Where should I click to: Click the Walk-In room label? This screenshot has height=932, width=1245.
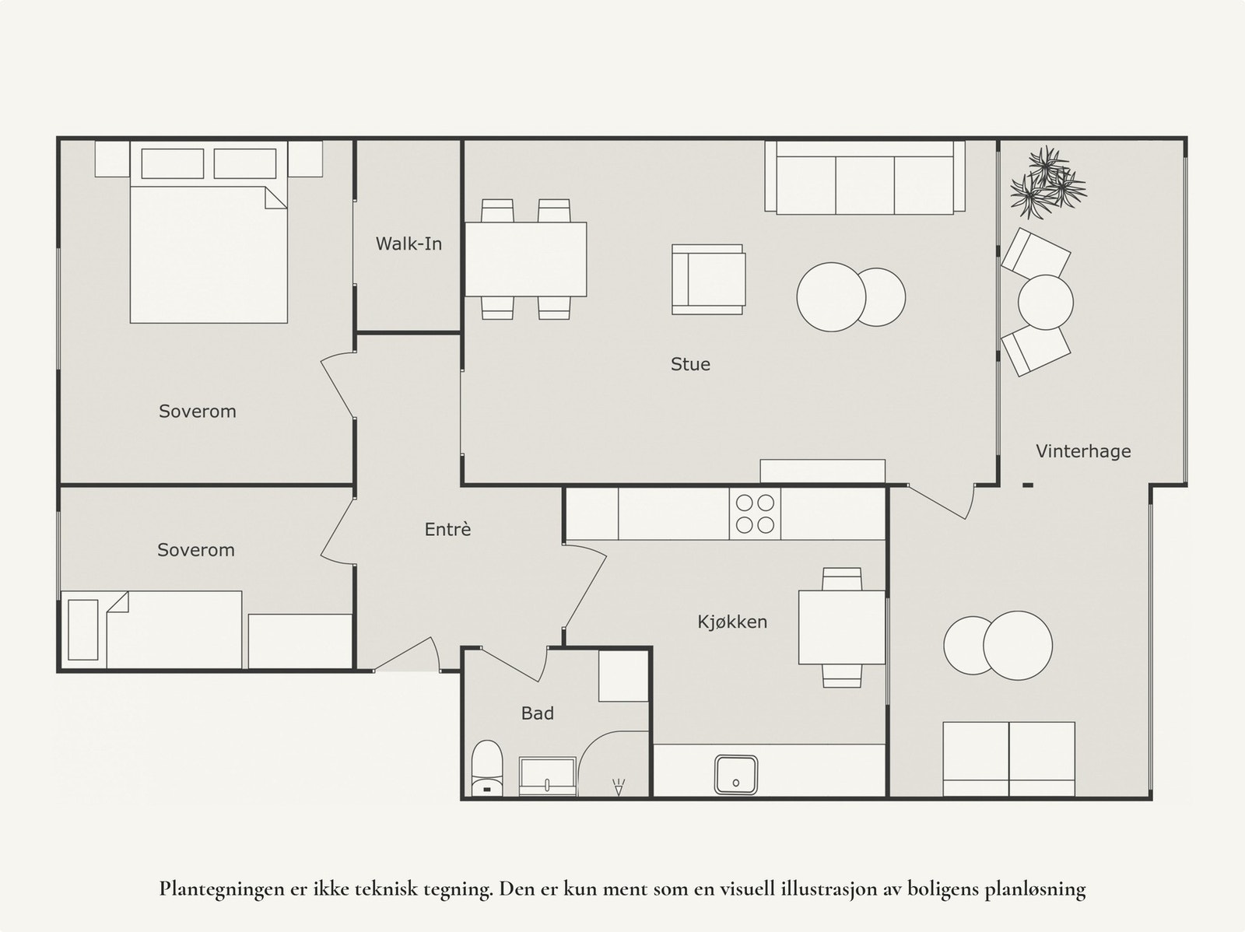pyautogui.click(x=409, y=244)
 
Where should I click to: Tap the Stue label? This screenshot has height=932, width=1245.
pyautogui.click(x=690, y=364)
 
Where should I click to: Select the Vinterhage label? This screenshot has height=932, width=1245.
pyautogui.click(x=1083, y=451)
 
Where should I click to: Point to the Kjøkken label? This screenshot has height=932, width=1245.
pyautogui.click(x=732, y=622)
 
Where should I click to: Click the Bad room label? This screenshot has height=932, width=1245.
pyautogui.click(x=538, y=713)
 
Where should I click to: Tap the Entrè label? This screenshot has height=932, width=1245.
pyautogui.click(x=447, y=530)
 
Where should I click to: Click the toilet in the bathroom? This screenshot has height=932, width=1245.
pyautogui.click(x=487, y=768)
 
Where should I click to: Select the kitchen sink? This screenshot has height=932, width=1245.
pyautogui.click(x=736, y=774)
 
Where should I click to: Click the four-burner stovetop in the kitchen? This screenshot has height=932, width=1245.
pyautogui.click(x=755, y=513)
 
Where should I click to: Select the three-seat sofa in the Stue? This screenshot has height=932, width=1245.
pyautogui.click(x=864, y=177)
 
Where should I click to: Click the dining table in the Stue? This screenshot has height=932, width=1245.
pyautogui.click(x=526, y=259)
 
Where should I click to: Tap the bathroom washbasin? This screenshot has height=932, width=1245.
pyautogui.click(x=548, y=776)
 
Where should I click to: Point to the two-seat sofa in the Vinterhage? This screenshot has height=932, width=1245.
pyautogui.click(x=1008, y=759)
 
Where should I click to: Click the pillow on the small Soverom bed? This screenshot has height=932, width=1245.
pyautogui.click(x=83, y=629)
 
